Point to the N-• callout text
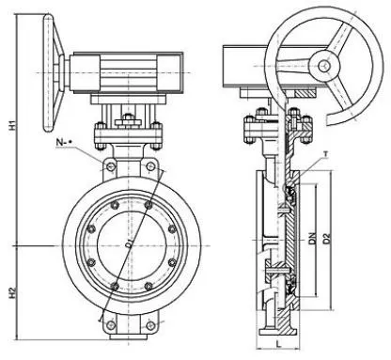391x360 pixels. tap(63, 144)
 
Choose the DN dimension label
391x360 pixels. tap(314, 247)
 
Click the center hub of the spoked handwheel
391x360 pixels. tap(324, 65)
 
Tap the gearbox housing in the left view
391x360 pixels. tap(122, 70)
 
